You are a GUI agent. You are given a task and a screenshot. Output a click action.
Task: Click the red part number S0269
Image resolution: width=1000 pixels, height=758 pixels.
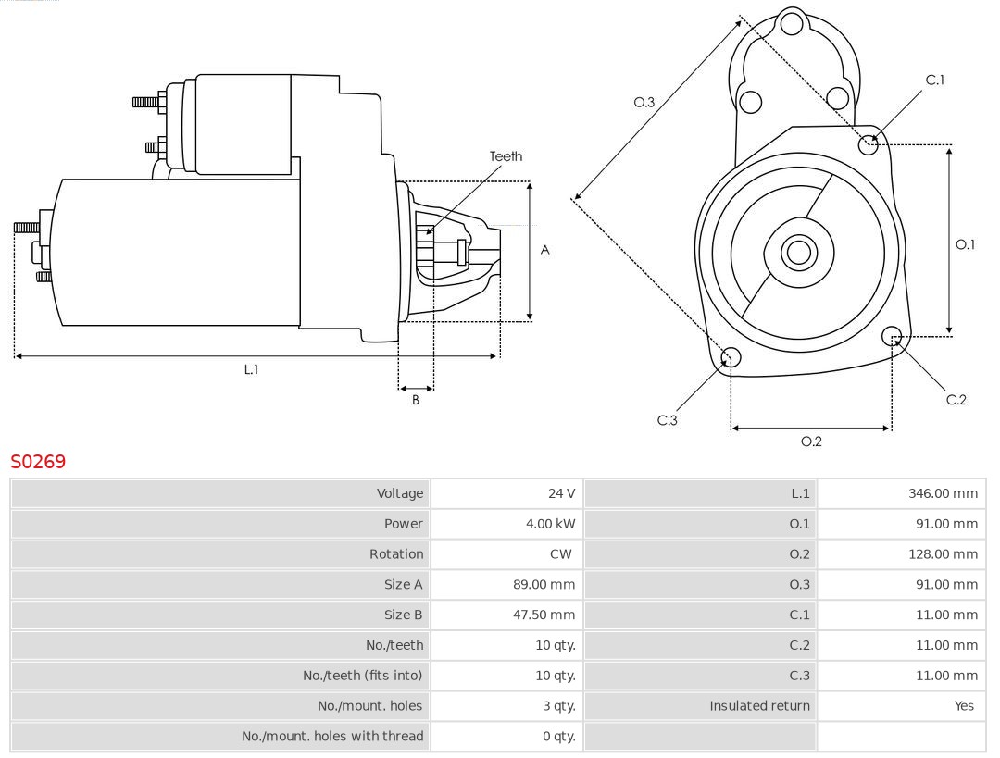coord(38,461)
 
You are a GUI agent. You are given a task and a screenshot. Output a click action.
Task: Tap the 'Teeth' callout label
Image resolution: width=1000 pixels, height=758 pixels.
coord(506,156)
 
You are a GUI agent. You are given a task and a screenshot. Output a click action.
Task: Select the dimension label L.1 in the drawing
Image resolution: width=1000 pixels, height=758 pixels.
coord(251,369)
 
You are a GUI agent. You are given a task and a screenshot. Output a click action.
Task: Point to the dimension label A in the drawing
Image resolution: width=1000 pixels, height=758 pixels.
coord(545,250)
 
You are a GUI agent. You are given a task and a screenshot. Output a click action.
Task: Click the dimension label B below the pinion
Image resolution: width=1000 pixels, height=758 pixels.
coord(416,401)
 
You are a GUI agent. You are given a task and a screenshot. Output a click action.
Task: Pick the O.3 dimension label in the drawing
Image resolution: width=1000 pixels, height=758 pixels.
coord(644,102)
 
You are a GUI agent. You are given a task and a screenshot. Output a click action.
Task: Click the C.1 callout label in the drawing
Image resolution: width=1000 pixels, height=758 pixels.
coord(935,80)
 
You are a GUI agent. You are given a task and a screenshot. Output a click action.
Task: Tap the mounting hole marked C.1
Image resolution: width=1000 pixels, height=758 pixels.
coord(869,144)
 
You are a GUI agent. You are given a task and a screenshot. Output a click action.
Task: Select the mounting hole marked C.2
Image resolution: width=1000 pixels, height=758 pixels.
coord(892,335)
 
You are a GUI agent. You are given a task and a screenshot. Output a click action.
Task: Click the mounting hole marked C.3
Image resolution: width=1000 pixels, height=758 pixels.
coord(731,358)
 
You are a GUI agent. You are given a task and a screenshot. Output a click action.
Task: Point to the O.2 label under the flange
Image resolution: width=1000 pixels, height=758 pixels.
coord(811,441)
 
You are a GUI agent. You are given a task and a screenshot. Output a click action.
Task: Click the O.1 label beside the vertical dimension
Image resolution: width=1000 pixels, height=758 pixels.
coord(966,244)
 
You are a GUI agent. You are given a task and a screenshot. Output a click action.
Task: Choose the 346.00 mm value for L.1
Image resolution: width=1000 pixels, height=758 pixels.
coord(943,493)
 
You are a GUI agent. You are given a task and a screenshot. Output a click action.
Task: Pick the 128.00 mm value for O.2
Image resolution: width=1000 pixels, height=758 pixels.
coord(943,554)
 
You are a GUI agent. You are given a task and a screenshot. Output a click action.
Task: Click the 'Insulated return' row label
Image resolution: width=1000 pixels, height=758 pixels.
coord(759,706)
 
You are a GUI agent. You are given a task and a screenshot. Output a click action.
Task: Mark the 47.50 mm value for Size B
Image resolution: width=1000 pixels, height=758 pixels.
coord(550,615)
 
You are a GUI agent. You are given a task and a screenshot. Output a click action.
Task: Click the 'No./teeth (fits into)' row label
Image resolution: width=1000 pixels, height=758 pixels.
coord(362,676)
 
